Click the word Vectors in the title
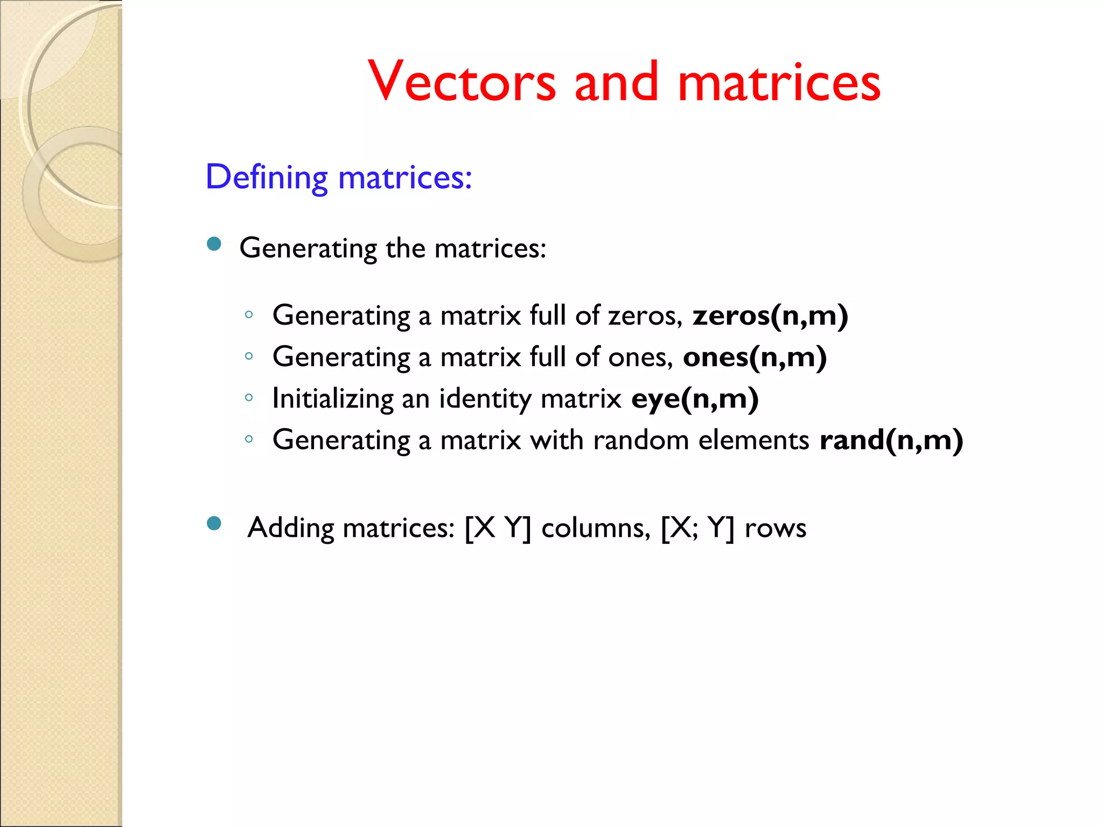tap(462, 82)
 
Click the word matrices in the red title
tap(779, 82)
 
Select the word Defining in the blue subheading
tap(267, 177)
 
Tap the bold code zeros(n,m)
tap(770, 316)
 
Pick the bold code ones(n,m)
tap(755, 357)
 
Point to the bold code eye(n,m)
tap(695, 399)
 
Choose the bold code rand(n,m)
tap(891, 440)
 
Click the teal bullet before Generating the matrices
tap(214, 244)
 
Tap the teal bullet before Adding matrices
tap(214, 523)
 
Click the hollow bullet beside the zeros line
tap(249, 315)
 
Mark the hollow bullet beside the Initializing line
tap(249, 398)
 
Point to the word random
tap(641, 440)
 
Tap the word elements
tap(753, 440)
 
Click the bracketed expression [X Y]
tap(498, 528)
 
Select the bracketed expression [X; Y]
tap(697, 528)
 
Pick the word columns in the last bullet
tap(596, 528)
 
